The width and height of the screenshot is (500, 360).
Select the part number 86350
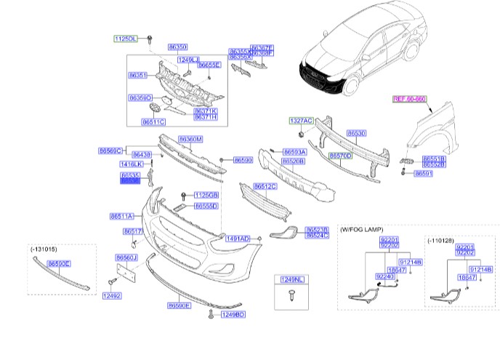177,46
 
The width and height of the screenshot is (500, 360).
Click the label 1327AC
301,119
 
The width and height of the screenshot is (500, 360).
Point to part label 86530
356,134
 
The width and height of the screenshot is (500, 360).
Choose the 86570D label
339,156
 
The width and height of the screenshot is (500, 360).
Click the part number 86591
424,174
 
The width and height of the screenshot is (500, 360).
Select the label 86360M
190,139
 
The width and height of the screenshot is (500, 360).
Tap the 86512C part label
265,186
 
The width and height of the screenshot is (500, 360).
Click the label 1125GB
207,196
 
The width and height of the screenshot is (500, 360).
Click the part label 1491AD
238,239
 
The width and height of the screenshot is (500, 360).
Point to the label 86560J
126,257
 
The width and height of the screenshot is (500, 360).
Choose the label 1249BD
234,315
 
